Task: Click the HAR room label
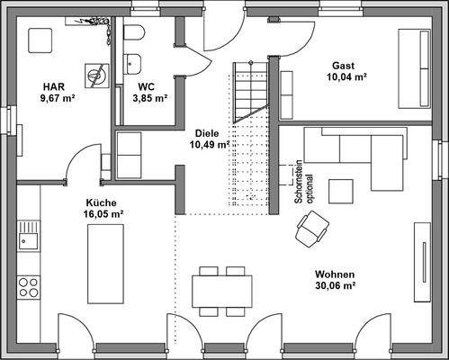[x=51, y=86]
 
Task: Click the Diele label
[x=207, y=130]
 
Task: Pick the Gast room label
[x=343, y=66]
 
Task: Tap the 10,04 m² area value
[x=346, y=77]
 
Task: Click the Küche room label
[x=102, y=202]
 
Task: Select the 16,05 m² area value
[x=103, y=214]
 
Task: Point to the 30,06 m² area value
[x=336, y=286]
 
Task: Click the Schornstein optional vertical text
[x=302, y=186]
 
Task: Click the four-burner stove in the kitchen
[x=28, y=286]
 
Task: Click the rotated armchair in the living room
[x=310, y=230]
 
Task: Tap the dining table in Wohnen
[x=221, y=288]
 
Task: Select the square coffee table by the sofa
[x=342, y=191]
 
